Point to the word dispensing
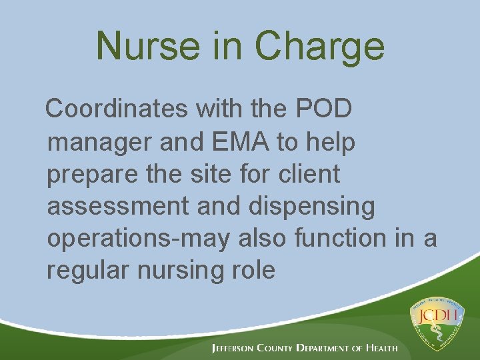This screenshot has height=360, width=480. point(312,207)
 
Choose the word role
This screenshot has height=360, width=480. point(251,271)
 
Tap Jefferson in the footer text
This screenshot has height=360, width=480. point(236,348)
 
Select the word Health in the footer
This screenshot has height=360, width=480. point(382,348)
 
